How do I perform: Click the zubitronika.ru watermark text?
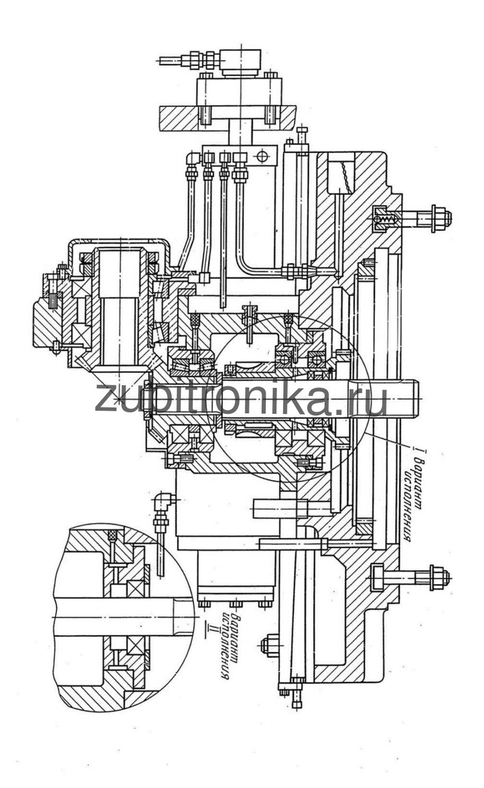(241, 399)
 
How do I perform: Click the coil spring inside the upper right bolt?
(385, 219)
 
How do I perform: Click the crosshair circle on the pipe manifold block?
(262, 155)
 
